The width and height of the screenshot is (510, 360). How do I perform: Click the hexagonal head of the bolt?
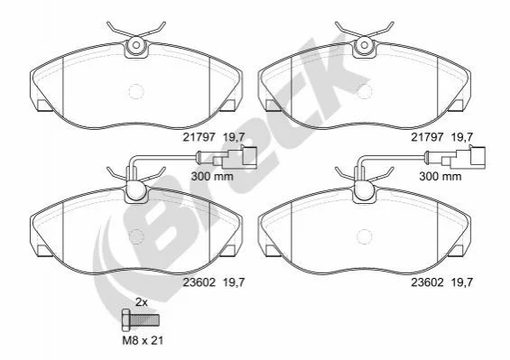pyautogui.click(x=126, y=319)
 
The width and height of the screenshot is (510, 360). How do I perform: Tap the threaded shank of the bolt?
pyautogui.click(x=145, y=319)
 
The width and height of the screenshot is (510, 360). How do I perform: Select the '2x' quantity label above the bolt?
pyautogui.click(x=142, y=302)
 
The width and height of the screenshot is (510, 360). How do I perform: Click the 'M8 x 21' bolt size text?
pyautogui.click(x=143, y=340)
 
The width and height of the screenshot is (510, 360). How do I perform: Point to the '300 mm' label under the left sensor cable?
pyautogui.click(x=212, y=176)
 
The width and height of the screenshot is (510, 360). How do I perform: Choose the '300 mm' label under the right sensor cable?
pyautogui.click(x=440, y=176)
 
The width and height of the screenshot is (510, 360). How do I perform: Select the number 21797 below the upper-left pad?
pyautogui.click(x=199, y=137)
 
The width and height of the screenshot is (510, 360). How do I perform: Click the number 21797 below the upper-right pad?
pyautogui.click(x=427, y=137)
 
